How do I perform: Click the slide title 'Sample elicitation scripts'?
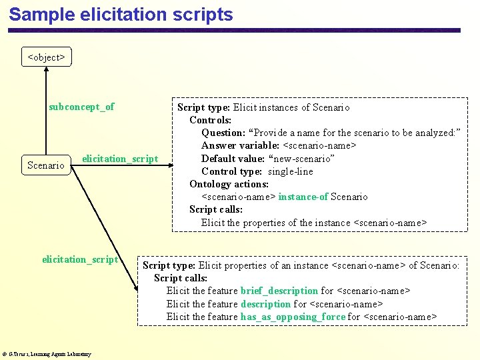(x=121, y=15)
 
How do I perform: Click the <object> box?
(x=46, y=57)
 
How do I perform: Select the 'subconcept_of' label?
(x=81, y=107)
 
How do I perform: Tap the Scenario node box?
(x=46, y=165)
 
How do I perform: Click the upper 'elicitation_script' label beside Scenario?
(x=120, y=159)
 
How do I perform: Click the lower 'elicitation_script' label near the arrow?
(x=80, y=259)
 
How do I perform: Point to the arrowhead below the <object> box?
(x=46, y=70)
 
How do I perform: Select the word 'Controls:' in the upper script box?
(x=210, y=120)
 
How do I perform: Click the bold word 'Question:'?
(x=223, y=133)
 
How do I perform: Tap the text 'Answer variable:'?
(x=241, y=145)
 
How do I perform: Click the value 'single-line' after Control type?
(x=290, y=171)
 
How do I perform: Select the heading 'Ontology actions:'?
(x=229, y=184)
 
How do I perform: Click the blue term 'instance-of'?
(x=303, y=197)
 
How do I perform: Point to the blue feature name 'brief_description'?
(x=279, y=291)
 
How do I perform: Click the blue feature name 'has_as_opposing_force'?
(x=293, y=317)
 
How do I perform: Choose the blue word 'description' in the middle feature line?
(x=265, y=304)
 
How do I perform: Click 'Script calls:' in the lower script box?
(x=181, y=278)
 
